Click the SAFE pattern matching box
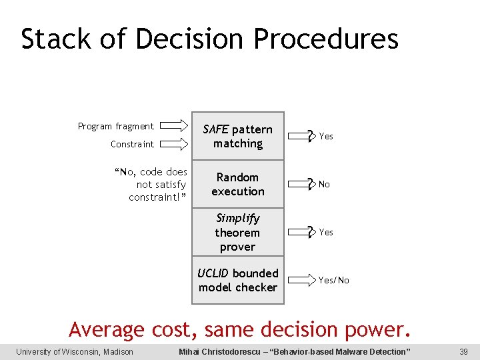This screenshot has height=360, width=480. (x=238, y=136)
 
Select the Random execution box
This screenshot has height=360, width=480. (x=238, y=184)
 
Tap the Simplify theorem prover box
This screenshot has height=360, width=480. (x=238, y=232)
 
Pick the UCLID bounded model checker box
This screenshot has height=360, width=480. (x=238, y=280)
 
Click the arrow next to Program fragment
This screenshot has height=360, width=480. (x=175, y=125)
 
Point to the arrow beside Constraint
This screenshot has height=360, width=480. (x=175, y=143)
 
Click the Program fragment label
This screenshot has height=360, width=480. (x=115, y=126)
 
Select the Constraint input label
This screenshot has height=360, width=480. (x=132, y=144)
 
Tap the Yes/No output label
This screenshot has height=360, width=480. (x=334, y=280)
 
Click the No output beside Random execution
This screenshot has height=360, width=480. (x=324, y=184)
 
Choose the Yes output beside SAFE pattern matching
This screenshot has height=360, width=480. (x=326, y=136)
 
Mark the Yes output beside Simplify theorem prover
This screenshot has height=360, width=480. (x=326, y=232)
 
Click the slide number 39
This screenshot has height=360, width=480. (x=464, y=351)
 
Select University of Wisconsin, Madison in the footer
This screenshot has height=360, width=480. (x=75, y=351)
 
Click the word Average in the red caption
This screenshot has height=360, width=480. (x=106, y=329)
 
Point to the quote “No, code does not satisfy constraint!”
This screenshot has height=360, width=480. (x=151, y=185)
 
